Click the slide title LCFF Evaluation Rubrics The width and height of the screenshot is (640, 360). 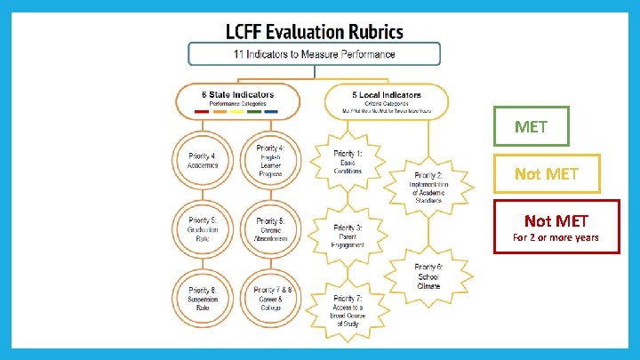pos(314,32)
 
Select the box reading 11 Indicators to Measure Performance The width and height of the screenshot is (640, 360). pos(314,54)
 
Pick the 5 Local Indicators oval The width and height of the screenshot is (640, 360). pos(386,100)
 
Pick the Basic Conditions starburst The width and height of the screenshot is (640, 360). pos(348,163)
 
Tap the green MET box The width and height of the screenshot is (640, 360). pos(531,126)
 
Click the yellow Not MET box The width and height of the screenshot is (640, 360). pos(546,174)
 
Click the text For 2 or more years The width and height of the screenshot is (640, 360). pos(556,237)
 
